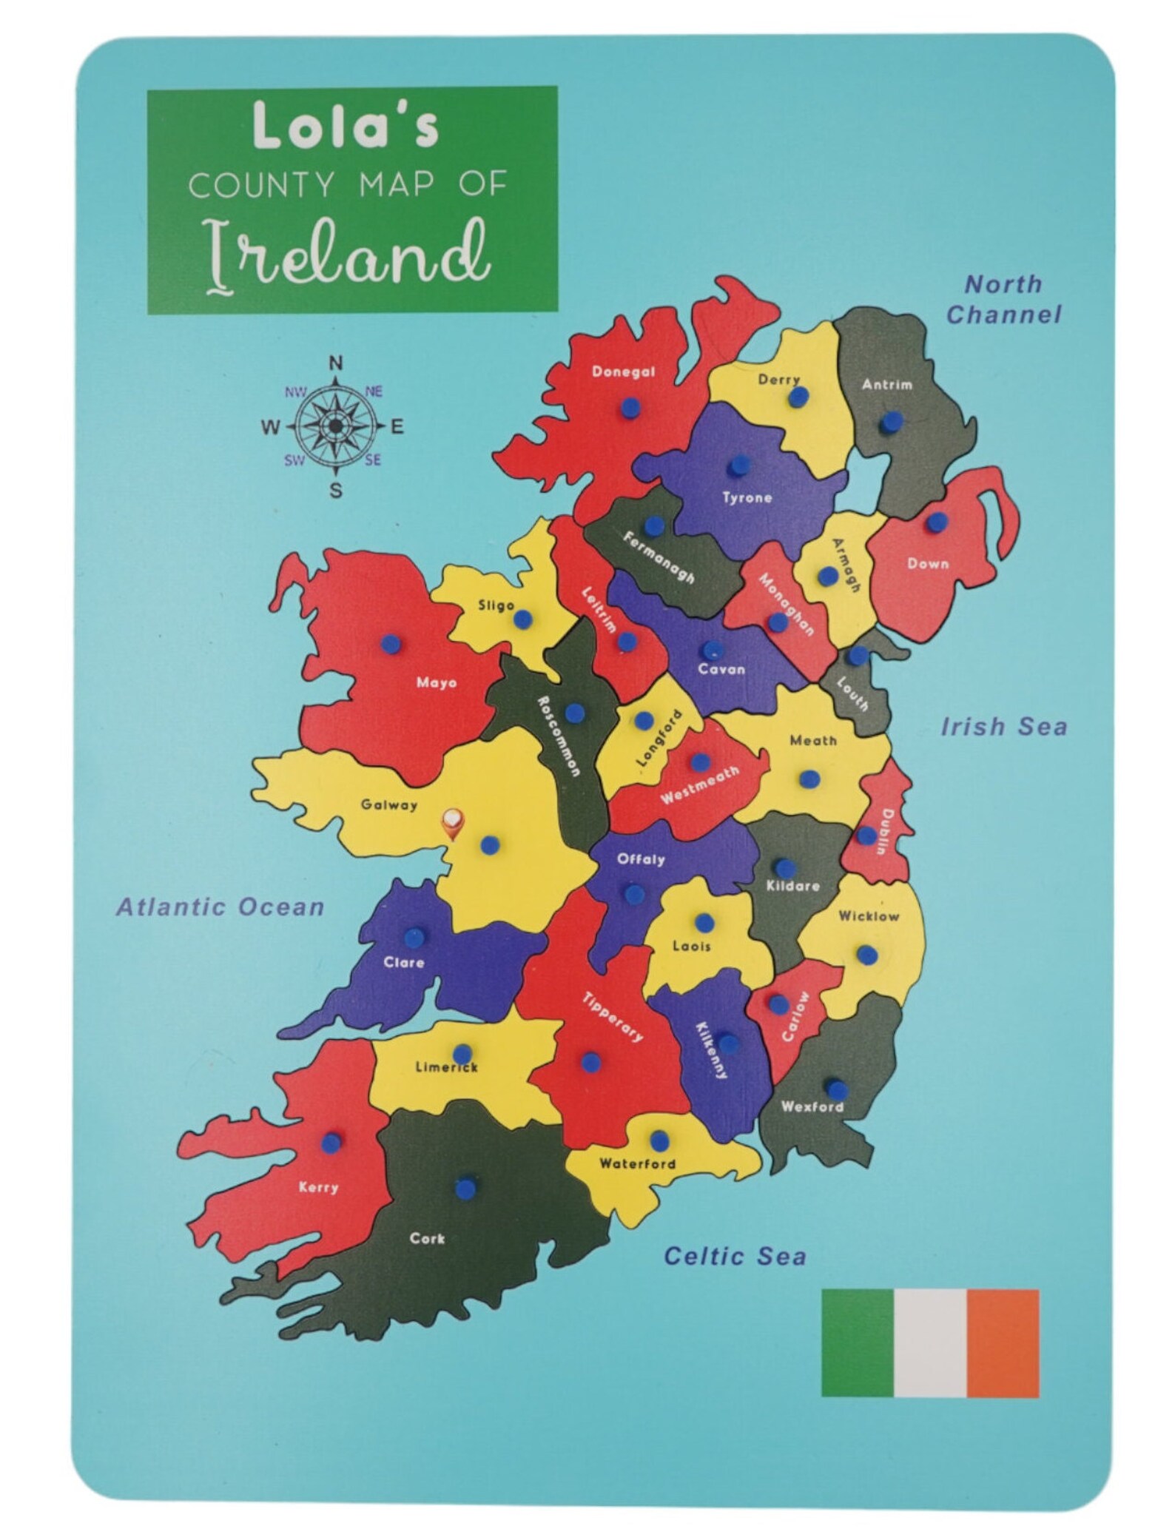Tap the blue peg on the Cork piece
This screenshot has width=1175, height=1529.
pyautogui.click(x=464, y=1209)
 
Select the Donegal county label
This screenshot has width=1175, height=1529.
pyautogui.click(x=623, y=372)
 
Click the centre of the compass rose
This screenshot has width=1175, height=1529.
pyautogui.click(x=336, y=426)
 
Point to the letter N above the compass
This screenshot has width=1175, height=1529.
pyautogui.click(x=336, y=363)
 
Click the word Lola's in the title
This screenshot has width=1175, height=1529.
pyautogui.click(x=345, y=126)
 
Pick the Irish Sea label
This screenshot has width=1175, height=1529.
pyautogui.click(x=1003, y=727)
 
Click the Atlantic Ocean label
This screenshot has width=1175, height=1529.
pyautogui.click(x=220, y=907)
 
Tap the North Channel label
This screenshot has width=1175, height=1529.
pyautogui.click(x=1003, y=299)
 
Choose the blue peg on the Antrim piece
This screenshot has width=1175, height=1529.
pyautogui.click(x=889, y=423)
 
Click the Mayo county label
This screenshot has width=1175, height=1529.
pyautogui.click(x=436, y=682)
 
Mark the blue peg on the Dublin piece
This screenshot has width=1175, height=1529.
pyautogui.click(x=866, y=836)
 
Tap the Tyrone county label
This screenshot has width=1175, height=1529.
pyautogui.click(x=747, y=497)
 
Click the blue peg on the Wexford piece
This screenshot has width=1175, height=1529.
pyautogui.click(x=835, y=1089)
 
